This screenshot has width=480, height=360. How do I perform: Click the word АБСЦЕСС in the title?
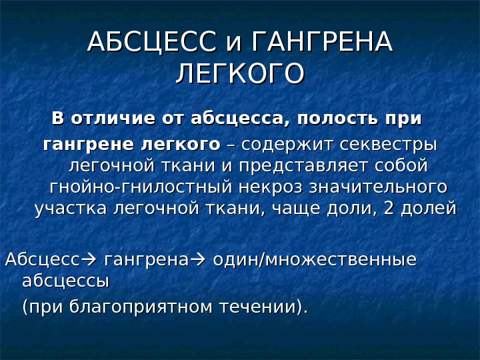(x=152, y=41)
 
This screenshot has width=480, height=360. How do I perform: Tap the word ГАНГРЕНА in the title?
(x=322, y=41)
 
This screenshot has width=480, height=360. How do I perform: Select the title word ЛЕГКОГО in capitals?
(x=240, y=73)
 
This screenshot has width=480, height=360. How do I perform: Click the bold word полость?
(x=337, y=119)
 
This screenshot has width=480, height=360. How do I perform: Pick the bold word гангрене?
(x=89, y=145)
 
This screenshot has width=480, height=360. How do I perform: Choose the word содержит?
(x=287, y=145)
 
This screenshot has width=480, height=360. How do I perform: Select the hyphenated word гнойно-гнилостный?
(x=141, y=187)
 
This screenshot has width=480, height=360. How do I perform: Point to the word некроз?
(x=271, y=187)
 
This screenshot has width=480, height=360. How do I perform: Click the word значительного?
(x=379, y=187)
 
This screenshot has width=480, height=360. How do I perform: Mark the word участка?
(x=71, y=209)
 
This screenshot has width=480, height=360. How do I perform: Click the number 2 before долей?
(x=388, y=208)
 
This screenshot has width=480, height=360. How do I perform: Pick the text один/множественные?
(x=315, y=260)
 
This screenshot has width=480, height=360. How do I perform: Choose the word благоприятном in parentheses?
(x=141, y=307)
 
